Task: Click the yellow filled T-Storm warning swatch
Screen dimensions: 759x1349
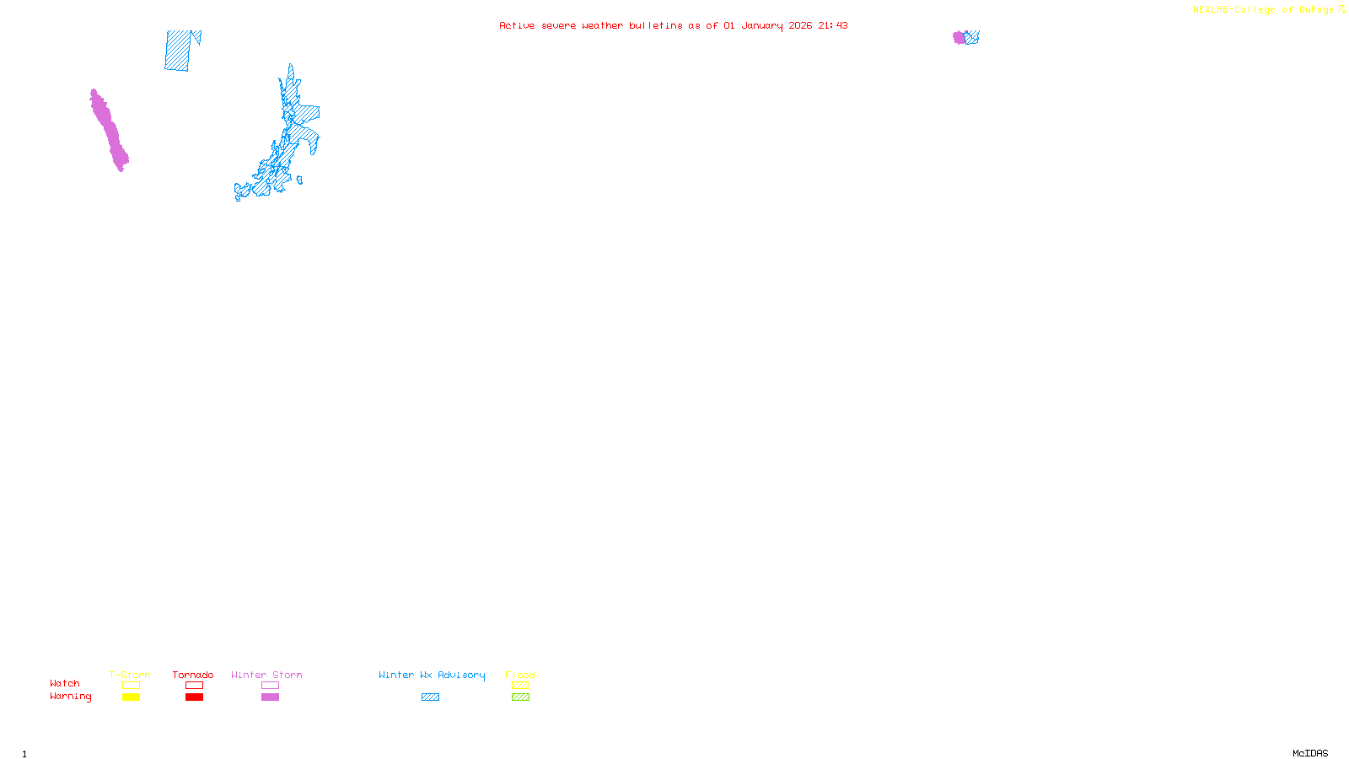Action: pos(131,697)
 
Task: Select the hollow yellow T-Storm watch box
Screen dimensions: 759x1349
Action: pos(131,686)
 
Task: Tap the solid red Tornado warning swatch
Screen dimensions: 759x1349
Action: pos(194,697)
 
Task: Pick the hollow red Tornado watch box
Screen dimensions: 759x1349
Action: pos(194,686)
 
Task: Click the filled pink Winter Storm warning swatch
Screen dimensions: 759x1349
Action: pos(270,697)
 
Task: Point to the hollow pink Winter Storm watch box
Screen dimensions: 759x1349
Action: pos(270,686)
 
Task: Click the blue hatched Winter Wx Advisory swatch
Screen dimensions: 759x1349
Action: pos(430,697)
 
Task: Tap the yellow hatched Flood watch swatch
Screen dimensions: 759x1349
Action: pos(520,686)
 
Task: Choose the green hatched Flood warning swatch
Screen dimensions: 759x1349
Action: pos(520,697)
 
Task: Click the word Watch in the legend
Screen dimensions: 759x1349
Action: pos(65,684)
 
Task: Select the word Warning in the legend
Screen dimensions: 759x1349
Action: pos(70,697)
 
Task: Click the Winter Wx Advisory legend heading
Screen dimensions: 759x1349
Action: pos(432,675)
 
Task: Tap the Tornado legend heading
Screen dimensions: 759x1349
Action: pos(193,675)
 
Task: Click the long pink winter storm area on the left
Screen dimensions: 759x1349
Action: pos(109,131)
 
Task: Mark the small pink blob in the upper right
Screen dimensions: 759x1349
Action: pos(959,37)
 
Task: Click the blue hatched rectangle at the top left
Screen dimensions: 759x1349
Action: pos(178,51)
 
